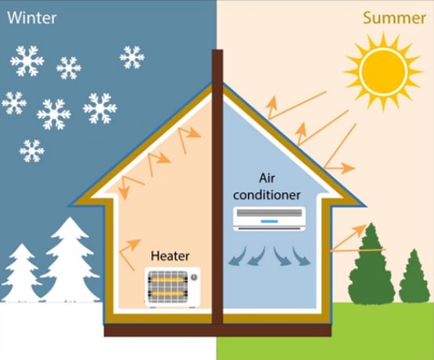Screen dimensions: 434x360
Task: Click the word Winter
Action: click(32, 18)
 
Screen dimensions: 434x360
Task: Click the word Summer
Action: click(394, 18)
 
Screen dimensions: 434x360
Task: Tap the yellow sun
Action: click(383, 71)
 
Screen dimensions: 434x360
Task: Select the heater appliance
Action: click(173, 287)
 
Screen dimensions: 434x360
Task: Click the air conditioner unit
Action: click(269, 219)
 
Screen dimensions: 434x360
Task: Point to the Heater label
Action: click(170, 256)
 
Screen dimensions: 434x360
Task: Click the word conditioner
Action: click(267, 195)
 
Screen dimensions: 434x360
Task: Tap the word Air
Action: click(267, 178)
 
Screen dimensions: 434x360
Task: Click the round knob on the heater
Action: click(194, 276)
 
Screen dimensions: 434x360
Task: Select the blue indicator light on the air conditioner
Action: click(269, 221)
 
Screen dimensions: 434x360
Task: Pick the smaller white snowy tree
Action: click(21, 273)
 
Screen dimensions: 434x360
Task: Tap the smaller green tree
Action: click(414, 276)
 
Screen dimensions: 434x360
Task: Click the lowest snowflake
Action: click(32, 151)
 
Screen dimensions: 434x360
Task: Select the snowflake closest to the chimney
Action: click(132, 57)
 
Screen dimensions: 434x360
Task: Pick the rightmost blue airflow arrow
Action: click(301, 256)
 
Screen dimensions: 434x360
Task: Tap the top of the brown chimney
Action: click(217, 50)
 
